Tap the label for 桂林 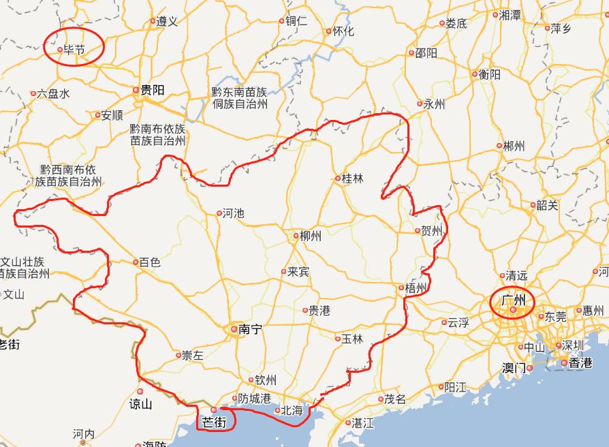click(x=352, y=179)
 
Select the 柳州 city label click(x=310, y=236)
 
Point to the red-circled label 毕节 click(x=74, y=50)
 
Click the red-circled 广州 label click(x=513, y=300)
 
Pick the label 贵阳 click(x=153, y=90)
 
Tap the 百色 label click(x=149, y=262)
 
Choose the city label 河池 click(x=233, y=213)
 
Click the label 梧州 click(x=416, y=288)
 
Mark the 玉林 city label click(x=352, y=339)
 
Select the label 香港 click(x=581, y=363)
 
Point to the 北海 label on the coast click(x=292, y=411)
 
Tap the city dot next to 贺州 click(x=418, y=231)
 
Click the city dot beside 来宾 click(x=284, y=271)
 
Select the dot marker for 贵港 click(x=305, y=311)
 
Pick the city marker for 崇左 click(x=178, y=355)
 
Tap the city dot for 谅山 click(x=140, y=391)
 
